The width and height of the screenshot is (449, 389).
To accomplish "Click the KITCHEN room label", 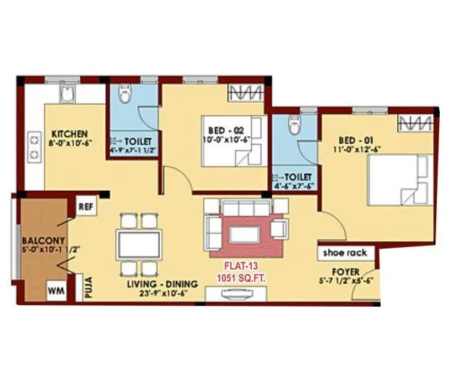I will click(x=69, y=133).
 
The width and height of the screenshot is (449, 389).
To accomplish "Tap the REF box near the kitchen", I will click(x=86, y=207).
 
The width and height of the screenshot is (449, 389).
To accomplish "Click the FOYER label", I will click(x=346, y=272).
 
